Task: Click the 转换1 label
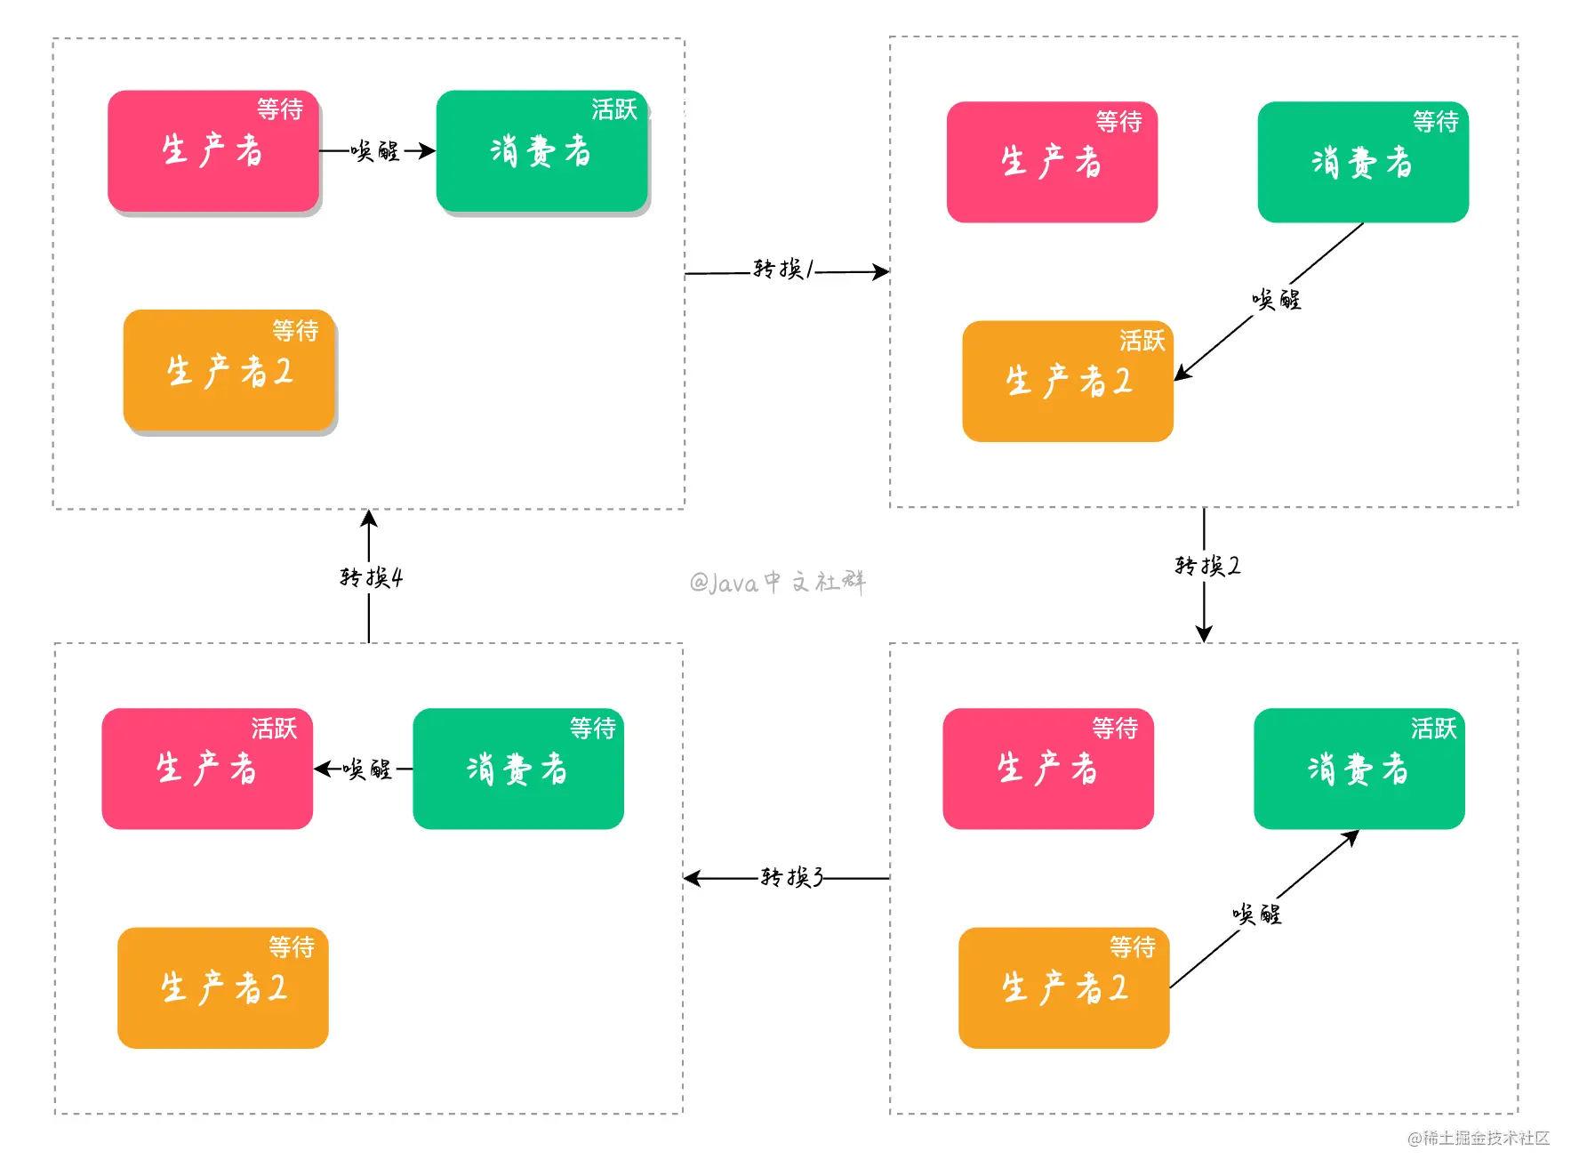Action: [x=782, y=268]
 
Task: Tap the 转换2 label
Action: [x=1206, y=565]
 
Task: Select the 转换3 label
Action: [x=791, y=877]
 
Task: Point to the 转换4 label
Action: [x=371, y=577]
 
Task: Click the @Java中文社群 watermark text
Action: [x=777, y=582]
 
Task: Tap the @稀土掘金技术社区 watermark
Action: [x=1479, y=1138]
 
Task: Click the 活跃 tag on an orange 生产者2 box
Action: [x=1142, y=341]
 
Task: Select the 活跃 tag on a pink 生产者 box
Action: [x=274, y=729]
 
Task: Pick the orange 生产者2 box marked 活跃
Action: [x=1068, y=382]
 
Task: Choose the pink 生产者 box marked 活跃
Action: [x=207, y=769]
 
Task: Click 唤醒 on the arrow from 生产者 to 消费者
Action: [x=374, y=150]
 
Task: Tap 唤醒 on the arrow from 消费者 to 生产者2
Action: [x=1276, y=300]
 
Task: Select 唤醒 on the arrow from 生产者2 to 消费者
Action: [x=1256, y=914]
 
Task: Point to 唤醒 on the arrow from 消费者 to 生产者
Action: [x=367, y=769]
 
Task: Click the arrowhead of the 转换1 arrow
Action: [x=881, y=271]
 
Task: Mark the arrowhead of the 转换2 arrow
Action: [x=1204, y=633]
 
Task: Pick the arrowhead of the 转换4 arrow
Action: [x=369, y=519]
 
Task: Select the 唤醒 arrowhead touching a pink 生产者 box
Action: [x=323, y=769]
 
